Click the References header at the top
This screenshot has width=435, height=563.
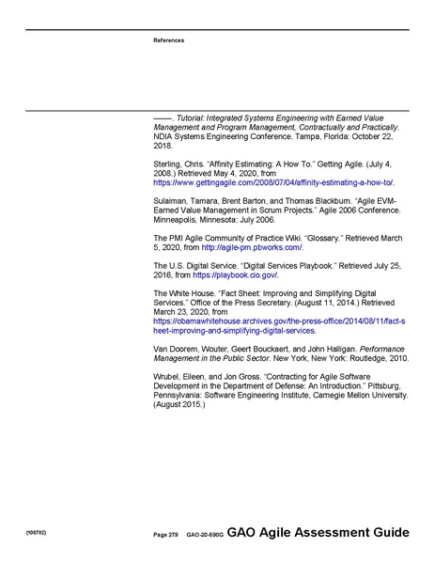point(169,40)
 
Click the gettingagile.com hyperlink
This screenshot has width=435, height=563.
point(273,181)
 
